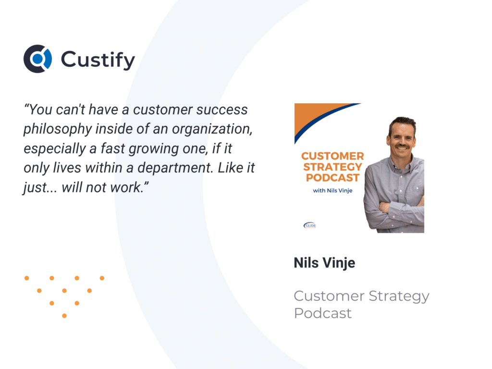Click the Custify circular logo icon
(x=37, y=59)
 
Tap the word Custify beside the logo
(x=98, y=60)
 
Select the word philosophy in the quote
(x=57, y=129)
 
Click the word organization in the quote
(x=212, y=129)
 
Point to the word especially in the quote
(x=55, y=149)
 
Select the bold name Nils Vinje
(x=324, y=263)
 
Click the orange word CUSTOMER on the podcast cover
(x=332, y=156)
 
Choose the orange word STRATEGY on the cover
(x=332, y=167)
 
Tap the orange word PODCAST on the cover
(x=332, y=178)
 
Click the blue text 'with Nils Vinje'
(x=332, y=190)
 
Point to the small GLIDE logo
(x=310, y=225)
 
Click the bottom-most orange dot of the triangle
(x=64, y=316)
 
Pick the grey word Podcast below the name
(x=322, y=313)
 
